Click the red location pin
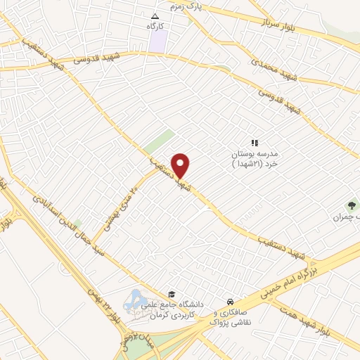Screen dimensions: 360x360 pos(181,165)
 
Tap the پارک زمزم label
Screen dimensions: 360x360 pos(185,6)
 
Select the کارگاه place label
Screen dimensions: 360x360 pos(155,25)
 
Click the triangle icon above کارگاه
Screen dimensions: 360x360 pos(155,15)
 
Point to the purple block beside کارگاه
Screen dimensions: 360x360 pos(157,40)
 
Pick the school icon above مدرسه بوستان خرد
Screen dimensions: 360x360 pos(255,143)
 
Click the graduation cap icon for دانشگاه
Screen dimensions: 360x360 pos(172,295)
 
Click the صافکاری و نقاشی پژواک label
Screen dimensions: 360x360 pos(233,316)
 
